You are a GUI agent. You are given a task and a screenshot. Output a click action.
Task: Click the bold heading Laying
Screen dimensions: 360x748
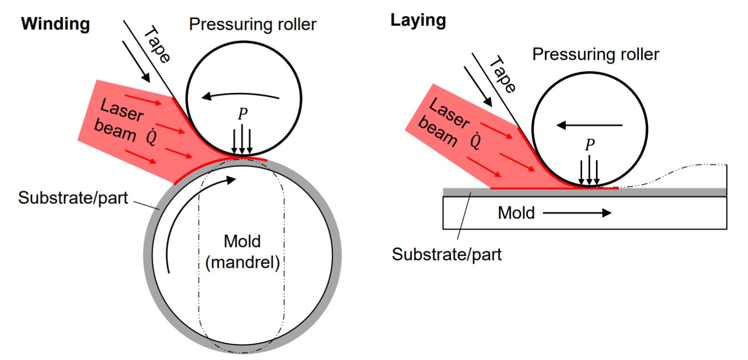418,20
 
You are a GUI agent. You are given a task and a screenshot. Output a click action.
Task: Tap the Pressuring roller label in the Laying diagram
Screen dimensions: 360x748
595,54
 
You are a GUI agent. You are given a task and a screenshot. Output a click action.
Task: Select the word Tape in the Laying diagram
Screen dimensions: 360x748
503,75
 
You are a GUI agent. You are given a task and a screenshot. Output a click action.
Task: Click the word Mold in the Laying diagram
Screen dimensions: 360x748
516,213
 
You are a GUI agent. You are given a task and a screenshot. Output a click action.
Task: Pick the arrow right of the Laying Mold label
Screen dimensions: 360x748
577,213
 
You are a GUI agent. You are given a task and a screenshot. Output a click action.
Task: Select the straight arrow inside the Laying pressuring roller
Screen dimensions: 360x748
589,125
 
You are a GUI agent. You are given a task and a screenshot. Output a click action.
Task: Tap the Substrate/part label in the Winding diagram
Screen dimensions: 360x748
73,198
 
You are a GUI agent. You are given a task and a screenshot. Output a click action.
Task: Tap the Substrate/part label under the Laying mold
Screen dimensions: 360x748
446,254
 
